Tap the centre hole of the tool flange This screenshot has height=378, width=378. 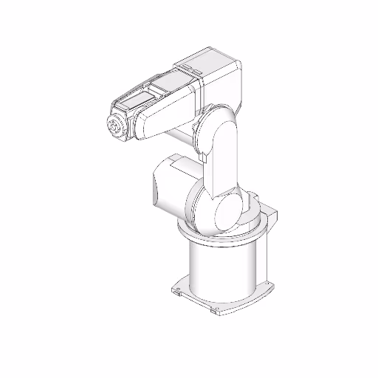click(x=114, y=127)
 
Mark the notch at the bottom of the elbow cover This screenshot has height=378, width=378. click(x=203, y=156)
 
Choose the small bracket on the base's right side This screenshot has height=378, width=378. click(x=272, y=214)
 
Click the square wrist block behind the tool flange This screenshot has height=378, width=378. click(x=130, y=118)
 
